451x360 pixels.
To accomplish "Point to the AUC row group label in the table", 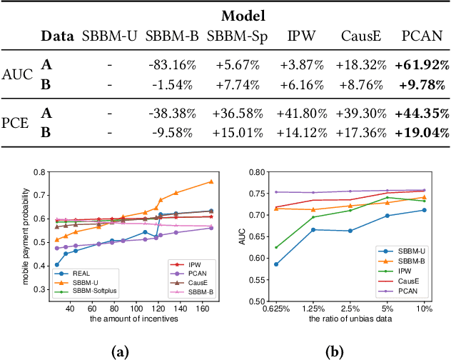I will [16, 74].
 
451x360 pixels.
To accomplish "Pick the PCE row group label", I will [16, 122].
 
